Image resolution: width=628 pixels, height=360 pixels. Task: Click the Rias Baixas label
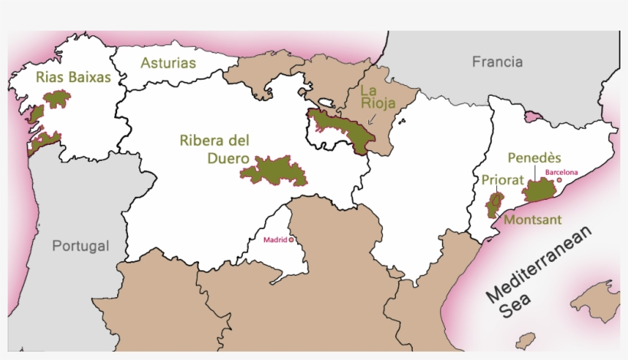click(74, 77)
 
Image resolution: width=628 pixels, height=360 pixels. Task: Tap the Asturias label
click(168, 63)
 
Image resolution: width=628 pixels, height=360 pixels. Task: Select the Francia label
click(497, 61)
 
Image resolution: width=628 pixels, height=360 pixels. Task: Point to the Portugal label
click(80, 246)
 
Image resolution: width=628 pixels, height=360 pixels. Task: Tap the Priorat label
click(502, 181)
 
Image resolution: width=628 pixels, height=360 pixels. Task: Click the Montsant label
click(532, 220)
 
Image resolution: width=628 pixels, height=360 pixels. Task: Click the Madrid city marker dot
click(291, 240)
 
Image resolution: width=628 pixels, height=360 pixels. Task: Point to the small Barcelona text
click(562, 172)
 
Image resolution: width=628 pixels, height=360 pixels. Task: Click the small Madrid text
click(275, 240)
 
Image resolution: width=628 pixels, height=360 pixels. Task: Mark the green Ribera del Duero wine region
click(276, 170)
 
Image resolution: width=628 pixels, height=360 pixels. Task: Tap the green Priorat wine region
click(494, 205)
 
